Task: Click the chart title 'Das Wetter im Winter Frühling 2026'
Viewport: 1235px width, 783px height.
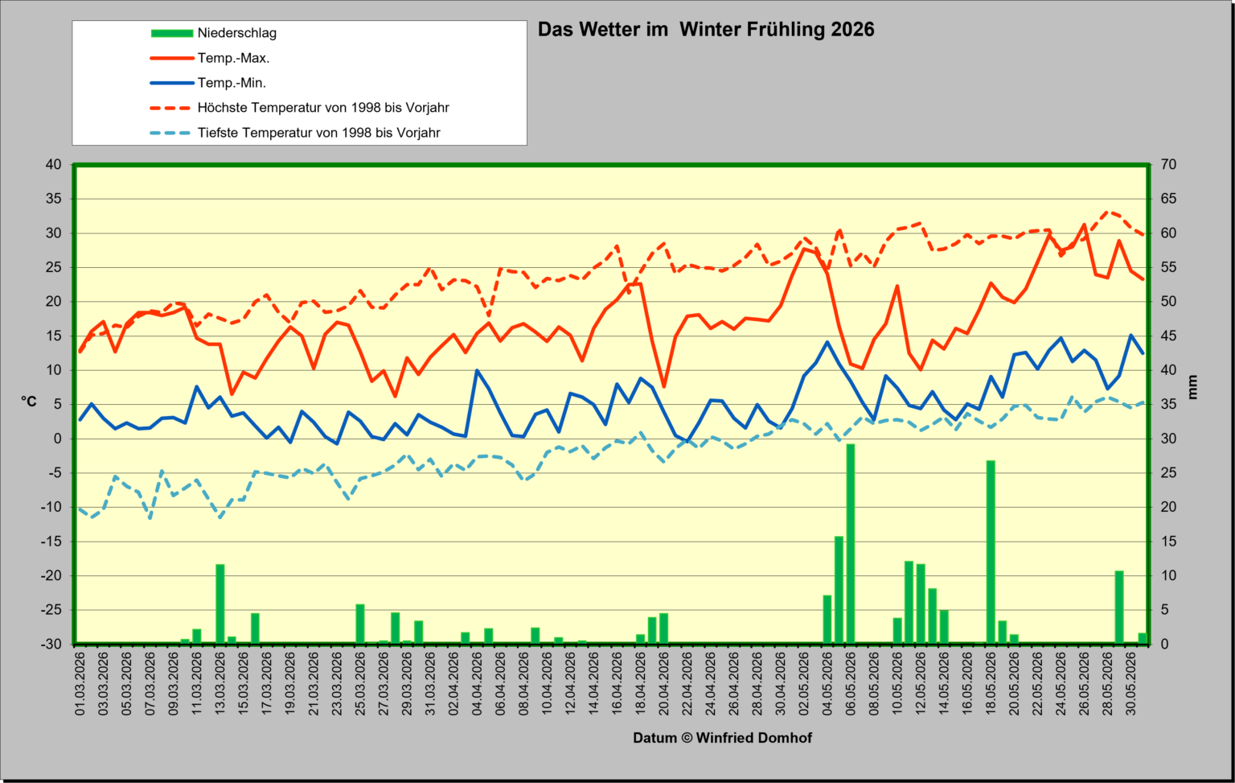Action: click(706, 30)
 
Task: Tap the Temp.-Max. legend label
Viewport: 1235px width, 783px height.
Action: click(233, 58)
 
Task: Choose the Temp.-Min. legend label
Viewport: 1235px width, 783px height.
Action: click(232, 83)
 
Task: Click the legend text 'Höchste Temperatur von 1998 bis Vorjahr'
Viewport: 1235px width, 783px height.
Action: click(323, 108)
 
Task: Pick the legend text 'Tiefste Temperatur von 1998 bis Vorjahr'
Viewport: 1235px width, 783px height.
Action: click(318, 133)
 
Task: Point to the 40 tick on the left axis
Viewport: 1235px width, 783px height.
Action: click(54, 164)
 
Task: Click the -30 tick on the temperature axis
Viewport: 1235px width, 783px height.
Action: click(51, 644)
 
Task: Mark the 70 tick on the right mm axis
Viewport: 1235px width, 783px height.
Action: click(1168, 164)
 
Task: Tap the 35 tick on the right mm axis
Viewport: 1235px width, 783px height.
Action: click(1168, 405)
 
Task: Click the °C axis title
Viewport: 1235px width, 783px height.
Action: click(29, 402)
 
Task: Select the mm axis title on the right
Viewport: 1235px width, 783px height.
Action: click(1192, 387)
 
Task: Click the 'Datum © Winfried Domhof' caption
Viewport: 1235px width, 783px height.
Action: click(722, 738)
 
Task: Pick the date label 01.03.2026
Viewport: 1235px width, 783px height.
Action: click(80, 684)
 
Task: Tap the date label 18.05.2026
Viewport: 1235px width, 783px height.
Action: click(991, 684)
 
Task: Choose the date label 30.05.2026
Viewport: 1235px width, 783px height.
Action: click(1130, 684)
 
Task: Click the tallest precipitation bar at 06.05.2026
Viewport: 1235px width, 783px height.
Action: click(851, 543)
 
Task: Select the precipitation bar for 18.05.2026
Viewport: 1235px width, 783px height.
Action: click(991, 552)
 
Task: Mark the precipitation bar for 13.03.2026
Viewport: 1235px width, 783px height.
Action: click(220, 604)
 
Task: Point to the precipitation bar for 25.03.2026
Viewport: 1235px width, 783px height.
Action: click(360, 624)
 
